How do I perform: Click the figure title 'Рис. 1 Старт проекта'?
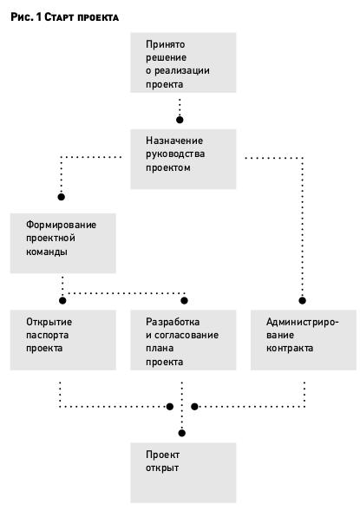pyautogui.click(x=64, y=16)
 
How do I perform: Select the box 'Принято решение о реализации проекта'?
pyautogui.click(x=183, y=62)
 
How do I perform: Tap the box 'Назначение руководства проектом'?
pyautogui.click(x=183, y=160)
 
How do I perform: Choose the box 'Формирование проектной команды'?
pyautogui.click(x=63, y=244)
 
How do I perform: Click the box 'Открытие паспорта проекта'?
pyautogui.click(x=63, y=340)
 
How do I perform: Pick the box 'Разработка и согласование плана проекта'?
pyautogui.click(x=183, y=340)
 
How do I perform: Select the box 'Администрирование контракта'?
pyautogui.click(x=304, y=340)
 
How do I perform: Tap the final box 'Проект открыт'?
pyautogui.click(x=183, y=473)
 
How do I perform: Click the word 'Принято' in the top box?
pyautogui.click(x=166, y=44)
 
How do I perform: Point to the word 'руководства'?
pyautogui.click(x=175, y=154)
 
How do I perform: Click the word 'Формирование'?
pyautogui.click(x=62, y=226)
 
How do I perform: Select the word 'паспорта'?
pyautogui.click(x=48, y=336)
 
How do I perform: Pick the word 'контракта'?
pyautogui.click(x=290, y=349)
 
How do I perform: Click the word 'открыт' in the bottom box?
pyautogui.click(x=162, y=468)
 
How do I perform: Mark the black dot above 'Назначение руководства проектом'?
pyautogui.click(x=180, y=120)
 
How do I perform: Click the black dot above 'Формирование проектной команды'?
pyautogui.click(x=62, y=197)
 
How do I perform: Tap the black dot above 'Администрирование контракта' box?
pyautogui.click(x=302, y=300)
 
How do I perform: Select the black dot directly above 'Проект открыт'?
pyautogui.click(x=181, y=433)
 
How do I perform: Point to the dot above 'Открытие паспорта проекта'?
pyautogui.click(x=62, y=300)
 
